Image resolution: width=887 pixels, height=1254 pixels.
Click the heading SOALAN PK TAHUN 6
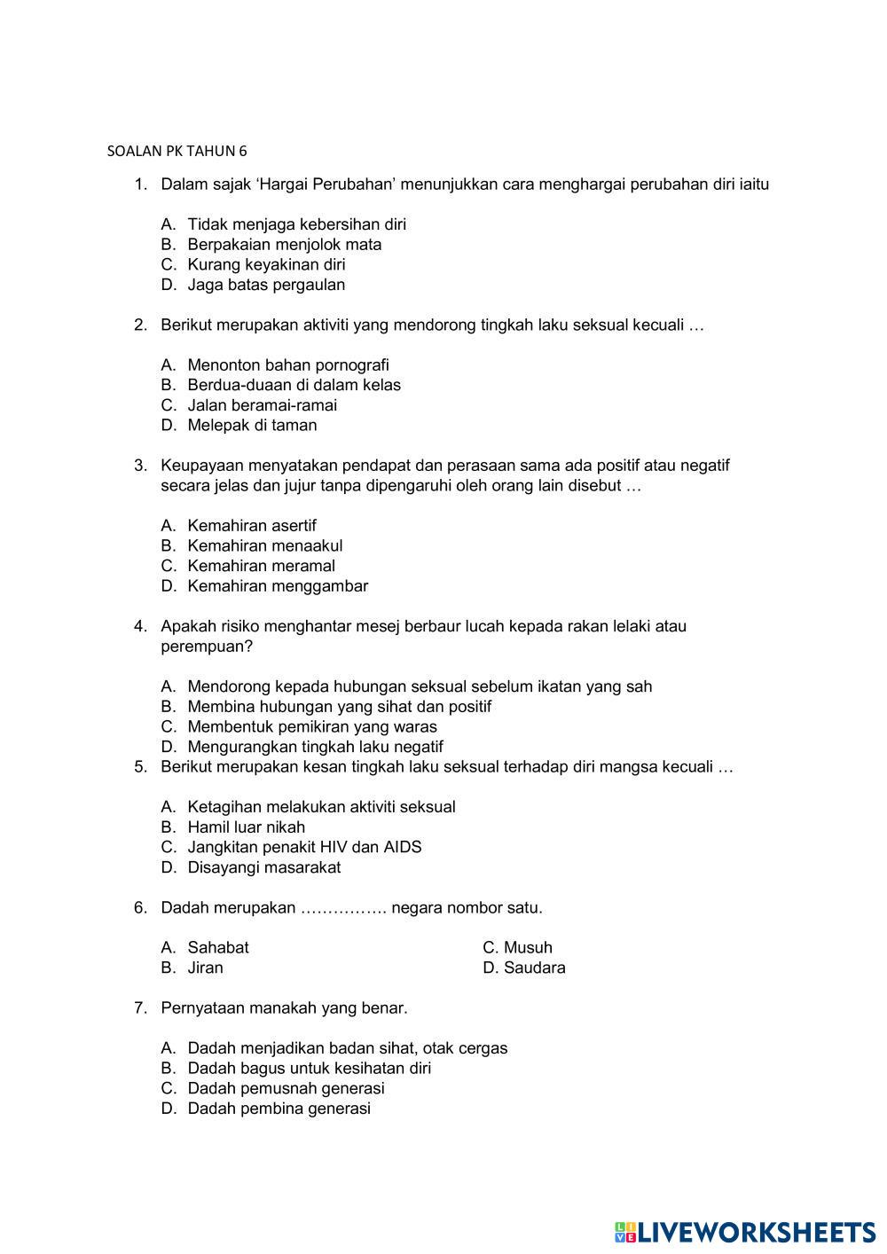(177, 151)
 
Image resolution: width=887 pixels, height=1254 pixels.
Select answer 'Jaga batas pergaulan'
(266, 285)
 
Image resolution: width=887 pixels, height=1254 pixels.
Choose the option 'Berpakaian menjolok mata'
(284, 245)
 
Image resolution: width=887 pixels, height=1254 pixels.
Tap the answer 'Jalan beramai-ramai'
(262, 405)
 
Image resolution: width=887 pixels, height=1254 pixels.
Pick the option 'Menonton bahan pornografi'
(287, 365)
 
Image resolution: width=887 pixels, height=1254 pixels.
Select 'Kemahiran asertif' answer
(251, 526)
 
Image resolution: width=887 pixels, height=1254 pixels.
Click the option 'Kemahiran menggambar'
(277, 586)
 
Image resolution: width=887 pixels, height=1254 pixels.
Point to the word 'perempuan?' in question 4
(207, 647)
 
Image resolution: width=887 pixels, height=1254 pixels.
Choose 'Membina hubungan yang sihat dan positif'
(339, 707)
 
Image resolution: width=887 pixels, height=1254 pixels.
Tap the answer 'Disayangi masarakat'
(263, 867)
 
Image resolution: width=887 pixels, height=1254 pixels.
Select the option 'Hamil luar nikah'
(246, 827)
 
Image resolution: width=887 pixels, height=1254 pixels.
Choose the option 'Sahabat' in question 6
(217, 947)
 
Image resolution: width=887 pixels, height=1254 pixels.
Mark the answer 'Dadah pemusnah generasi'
(286, 1088)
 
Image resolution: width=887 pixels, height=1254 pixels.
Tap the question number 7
(139, 1008)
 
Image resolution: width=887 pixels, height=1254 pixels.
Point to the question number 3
(139, 466)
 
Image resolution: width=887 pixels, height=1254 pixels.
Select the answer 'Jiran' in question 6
(205, 968)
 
